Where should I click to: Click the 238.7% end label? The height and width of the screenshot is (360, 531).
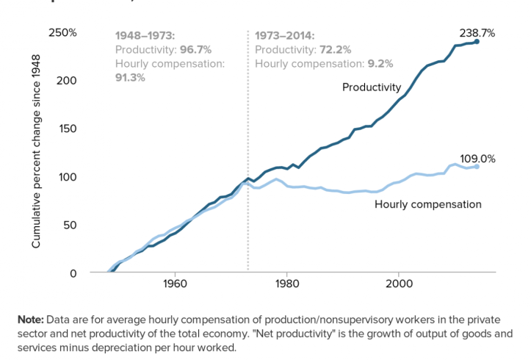[x=477, y=33]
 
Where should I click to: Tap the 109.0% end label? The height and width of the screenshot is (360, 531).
[x=477, y=158]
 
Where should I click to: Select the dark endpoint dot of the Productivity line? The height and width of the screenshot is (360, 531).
[x=477, y=41]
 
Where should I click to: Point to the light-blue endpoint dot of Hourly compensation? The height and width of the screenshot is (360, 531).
[x=477, y=167]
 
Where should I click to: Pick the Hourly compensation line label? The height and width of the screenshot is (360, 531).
[x=428, y=204]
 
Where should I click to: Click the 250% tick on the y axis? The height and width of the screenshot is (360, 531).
[x=62, y=33]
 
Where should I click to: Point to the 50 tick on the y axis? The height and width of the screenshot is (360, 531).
[x=70, y=224]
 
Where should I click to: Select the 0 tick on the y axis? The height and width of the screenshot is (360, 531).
[x=73, y=273]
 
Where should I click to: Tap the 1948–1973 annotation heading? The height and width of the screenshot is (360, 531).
[x=145, y=35]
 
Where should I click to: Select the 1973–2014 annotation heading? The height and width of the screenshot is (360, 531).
[x=284, y=35]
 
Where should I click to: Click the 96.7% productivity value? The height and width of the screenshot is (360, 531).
[x=196, y=49]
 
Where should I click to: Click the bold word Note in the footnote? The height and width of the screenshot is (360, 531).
[x=31, y=320]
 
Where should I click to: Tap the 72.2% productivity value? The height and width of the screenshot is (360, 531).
[x=336, y=49]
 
